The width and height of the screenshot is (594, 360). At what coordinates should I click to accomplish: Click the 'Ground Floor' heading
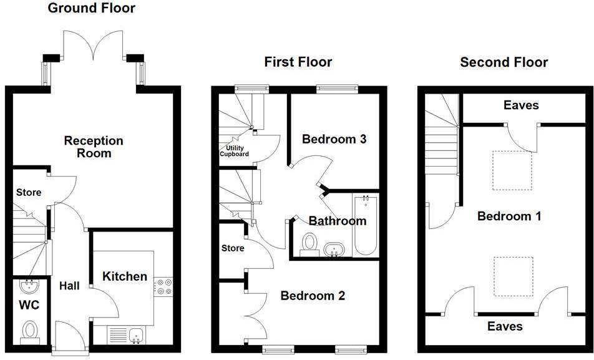pyautogui.click(x=91, y=8)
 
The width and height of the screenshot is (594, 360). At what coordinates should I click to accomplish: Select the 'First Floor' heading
pyautogui.click(x=298, y=62)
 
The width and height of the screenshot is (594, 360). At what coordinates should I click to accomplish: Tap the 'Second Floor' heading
pyautogui.click(x=504, y=62)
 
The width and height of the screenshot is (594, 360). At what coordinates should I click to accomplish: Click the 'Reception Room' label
pyautogui.click(x=94, y=147)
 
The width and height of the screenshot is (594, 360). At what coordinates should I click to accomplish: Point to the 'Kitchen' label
pyautogui.click(x=125, y=276)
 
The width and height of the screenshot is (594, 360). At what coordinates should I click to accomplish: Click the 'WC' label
pyautogui.click(x=29, y=305)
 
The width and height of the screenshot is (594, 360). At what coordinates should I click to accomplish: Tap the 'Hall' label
pyautogui.click(x=69, y=286)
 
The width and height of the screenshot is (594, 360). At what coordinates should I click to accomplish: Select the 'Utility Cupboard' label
pyautogui.click(x=233, y=151)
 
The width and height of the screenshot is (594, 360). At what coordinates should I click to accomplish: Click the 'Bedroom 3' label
pyautogui.click(x=334, y=139)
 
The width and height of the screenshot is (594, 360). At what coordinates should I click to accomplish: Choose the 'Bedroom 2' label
pyautogui.click(x=312, y=296)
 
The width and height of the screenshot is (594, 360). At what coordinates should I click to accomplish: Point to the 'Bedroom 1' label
pyautogui.click(x=509, y=216)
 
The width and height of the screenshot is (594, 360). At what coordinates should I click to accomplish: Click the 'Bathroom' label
pyautogui.click(x=338, y=221)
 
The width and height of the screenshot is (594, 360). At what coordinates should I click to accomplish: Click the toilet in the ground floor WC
pyautogui.click(x=29, y=331)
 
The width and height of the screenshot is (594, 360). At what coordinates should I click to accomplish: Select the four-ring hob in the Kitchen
pyautogui.click(x=163, y=286)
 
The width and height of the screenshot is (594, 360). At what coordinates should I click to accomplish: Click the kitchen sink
pyautogui.click(x=136, y=336)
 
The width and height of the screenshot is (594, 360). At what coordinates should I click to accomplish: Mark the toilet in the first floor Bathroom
pyautogui.click(x=308, y=243)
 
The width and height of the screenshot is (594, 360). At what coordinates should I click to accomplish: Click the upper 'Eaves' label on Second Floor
pyautogui.click(x=520, y=105)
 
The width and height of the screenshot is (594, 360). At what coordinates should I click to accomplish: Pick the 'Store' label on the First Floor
pyautogui.click(x=233, y=248)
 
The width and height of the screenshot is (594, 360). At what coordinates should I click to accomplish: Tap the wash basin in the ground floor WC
pyautogui.click(x=29, y=286)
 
